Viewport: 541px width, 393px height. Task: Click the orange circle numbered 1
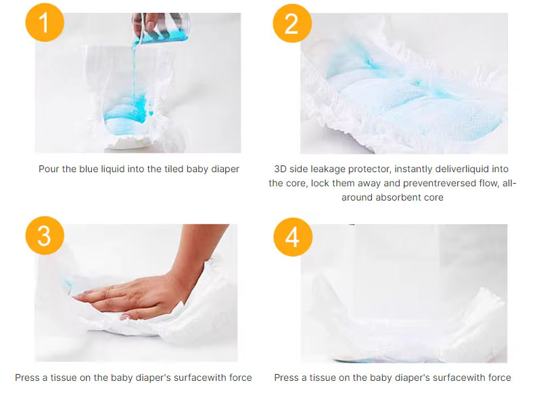coord(45,23)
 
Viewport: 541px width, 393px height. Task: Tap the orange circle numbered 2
coord(292,24)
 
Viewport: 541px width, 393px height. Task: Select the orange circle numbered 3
coord(45,236)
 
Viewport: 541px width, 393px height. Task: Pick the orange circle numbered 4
coord(293,237)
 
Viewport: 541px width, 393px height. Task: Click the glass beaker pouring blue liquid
coord(162,28)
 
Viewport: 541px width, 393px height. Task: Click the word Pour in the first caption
coord(49,169)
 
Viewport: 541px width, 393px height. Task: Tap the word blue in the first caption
coord(89,169)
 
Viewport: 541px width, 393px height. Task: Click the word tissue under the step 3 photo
coord(63,378)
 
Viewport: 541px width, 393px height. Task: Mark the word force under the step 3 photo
coord(241,378)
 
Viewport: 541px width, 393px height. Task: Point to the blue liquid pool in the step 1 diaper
coord(128,113)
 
